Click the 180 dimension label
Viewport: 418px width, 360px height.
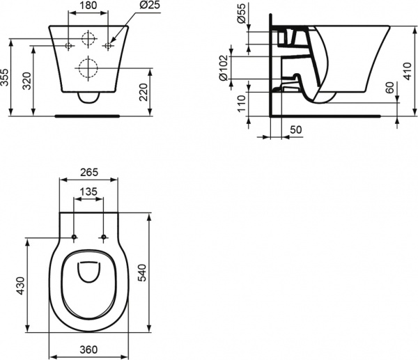pyautogui.click(x=88, y=6)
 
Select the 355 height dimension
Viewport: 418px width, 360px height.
pyautogui.click(x=6, y=76)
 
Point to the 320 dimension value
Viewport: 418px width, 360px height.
pyautogui.click(x=26, y=81)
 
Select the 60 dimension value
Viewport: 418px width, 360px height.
pyautogui.click(x=389, y=88)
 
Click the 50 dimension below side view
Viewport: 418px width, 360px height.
pyautogui.click(x=295, y=130)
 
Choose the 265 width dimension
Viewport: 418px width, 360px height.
pyautogui.click(x=87, y=173)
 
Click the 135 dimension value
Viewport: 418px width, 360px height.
pyautogui.click(x=88, y=193)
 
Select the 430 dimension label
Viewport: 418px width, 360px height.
pyautogui.click(x=20, y=285)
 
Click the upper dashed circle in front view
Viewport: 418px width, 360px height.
pyautogui.click(x=88, y=38)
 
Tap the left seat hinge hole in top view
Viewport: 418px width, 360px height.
pyautogui.click(x=74, y=237)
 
